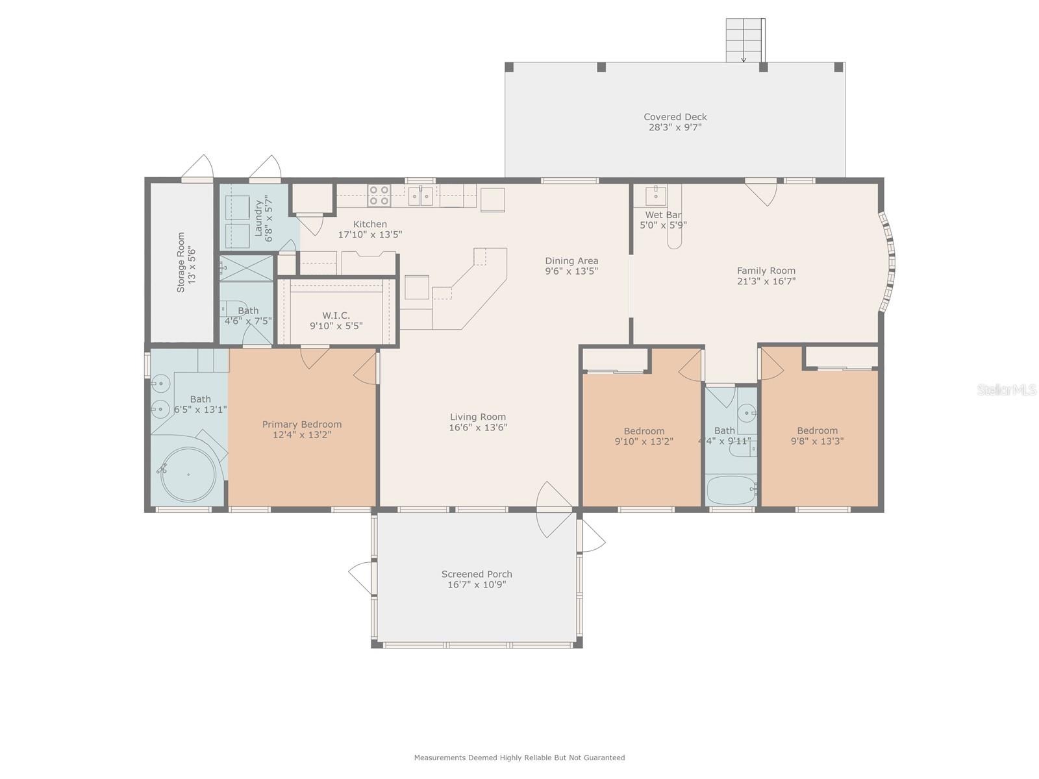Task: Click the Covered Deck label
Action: pos(675,117)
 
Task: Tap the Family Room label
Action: pos(766,271)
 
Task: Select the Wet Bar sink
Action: pos(655,194)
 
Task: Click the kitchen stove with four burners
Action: pos(379,196)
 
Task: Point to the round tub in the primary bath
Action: pos(188,475)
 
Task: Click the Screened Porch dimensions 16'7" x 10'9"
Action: pos(477,585)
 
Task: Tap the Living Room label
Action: pos(477,417)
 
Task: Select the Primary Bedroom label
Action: pos(301,425)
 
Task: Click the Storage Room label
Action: pos(181,262)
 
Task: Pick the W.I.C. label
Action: pos(336,315)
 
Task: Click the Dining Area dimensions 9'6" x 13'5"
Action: pos(571,271)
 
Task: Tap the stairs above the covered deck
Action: pos(745,40)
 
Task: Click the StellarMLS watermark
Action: pos(1007,390)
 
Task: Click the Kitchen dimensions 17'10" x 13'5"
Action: pos(369,234)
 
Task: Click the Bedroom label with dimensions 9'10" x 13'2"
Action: pos(644,431)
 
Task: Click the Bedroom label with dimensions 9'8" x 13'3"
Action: pos(817,431)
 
